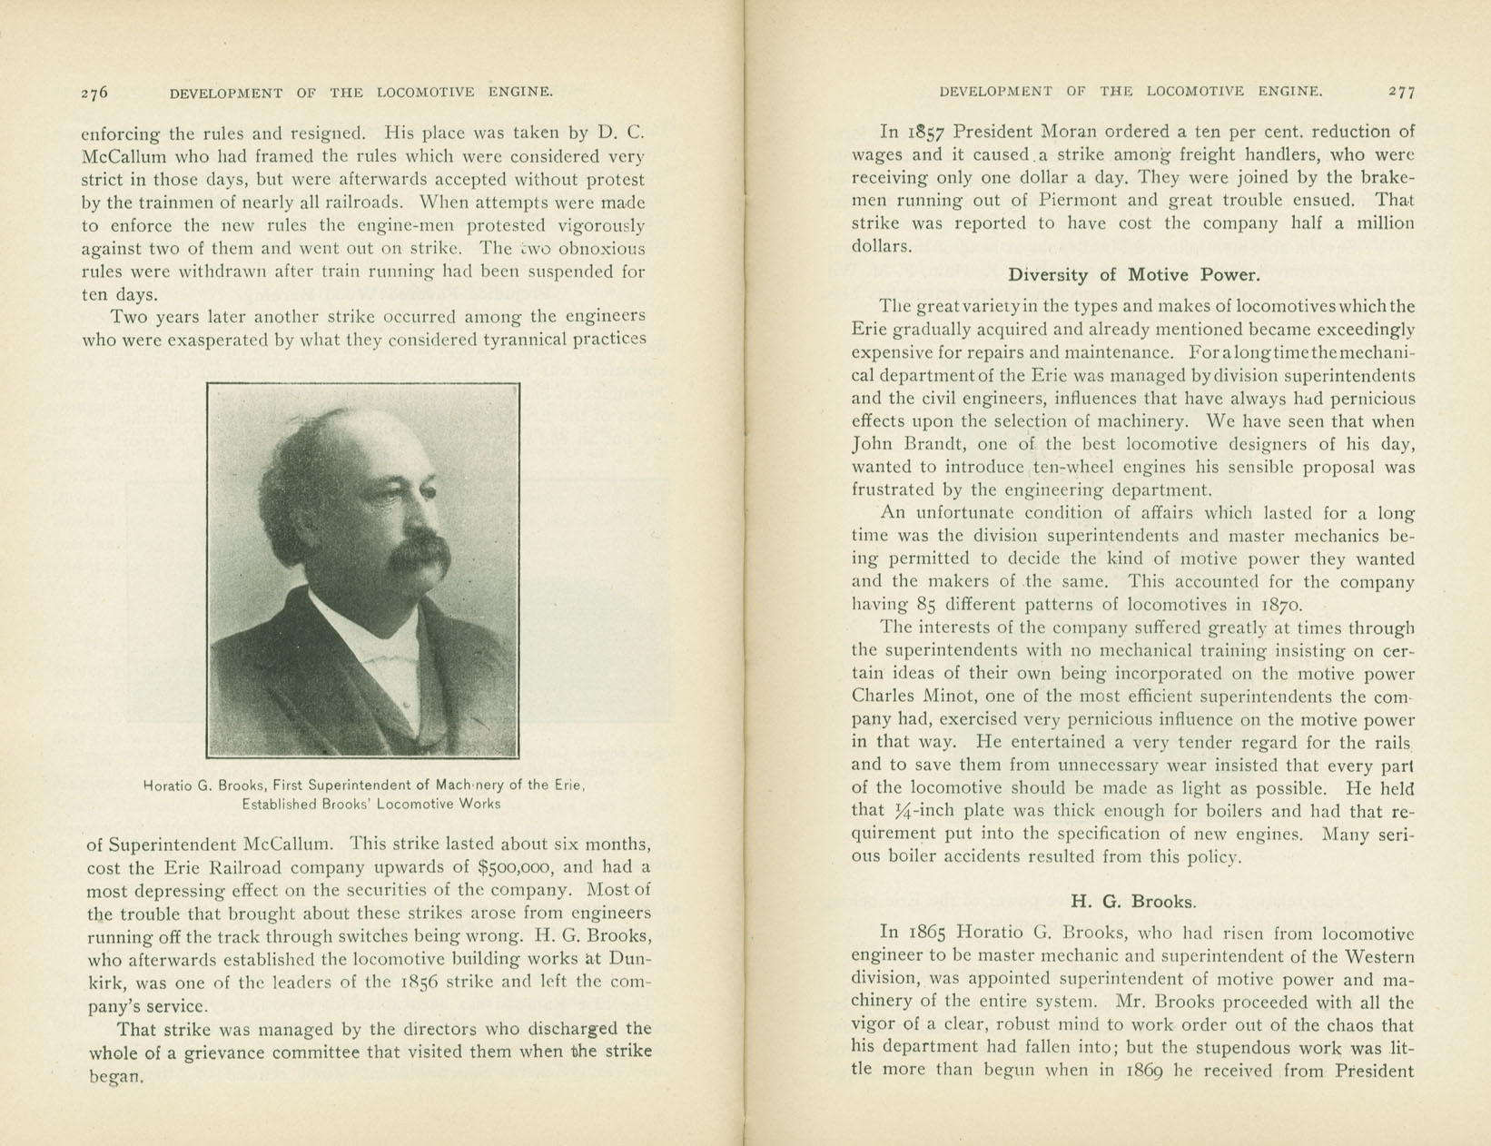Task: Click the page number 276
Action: coord(94,92)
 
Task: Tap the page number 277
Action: coord(1401,92)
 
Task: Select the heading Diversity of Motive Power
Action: coord(1133,274)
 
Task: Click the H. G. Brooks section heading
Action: coord(1133,902)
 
